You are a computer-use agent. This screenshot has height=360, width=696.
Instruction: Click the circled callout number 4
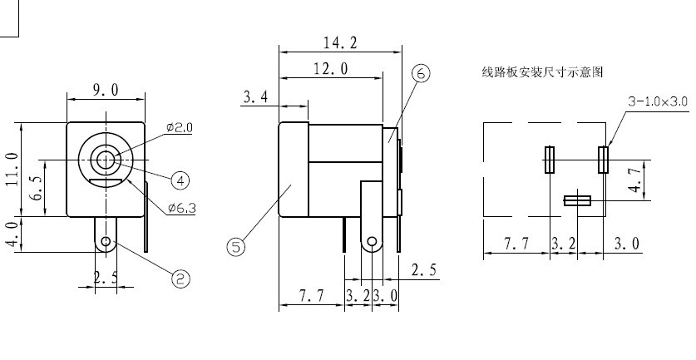pyautogui.click(x=180, y=180)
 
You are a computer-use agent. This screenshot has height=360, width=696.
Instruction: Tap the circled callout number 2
pyautogui.click(x=180, y=279)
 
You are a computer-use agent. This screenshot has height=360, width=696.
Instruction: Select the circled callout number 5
pyautogui.click(x=235, y=246)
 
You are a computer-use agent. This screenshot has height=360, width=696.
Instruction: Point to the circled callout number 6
pyautogui.click(x=421, y=73)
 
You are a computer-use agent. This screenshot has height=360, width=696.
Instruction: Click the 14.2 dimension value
pyautogui.click(x=340, y=42)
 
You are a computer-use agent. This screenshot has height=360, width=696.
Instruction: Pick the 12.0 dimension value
pyautogui.click(x=331, y=69)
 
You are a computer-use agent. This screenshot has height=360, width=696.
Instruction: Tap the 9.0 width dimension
pyautogui.click(x=106, y=90)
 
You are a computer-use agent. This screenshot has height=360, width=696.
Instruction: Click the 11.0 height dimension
pyautogui.click(x=12, y=169)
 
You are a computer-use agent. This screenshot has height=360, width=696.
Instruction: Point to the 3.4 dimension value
pyautogui.click(x=255, y=96)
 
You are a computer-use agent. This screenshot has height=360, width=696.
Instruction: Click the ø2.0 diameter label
pyautogui.click(x=180, y=128)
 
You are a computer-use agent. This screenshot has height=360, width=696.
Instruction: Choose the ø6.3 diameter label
pyautogui.click(x=181, y=208)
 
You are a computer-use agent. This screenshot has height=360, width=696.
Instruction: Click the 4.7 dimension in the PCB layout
pyautogui.click(x=635, y=180)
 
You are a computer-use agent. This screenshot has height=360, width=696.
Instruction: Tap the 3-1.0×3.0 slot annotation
pyautogui.click(x=658, y=101)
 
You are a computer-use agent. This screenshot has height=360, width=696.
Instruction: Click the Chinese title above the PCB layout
pyautogui.click(x=542, y=72)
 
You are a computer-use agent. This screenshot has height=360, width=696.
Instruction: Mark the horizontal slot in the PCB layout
pyautogui.click(x=577, y=200)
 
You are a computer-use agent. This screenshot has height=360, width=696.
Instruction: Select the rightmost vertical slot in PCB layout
pyautogui.click(x=603, y=160)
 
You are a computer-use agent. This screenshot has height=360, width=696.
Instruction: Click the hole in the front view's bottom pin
pyautogui.click(x=106, y=241)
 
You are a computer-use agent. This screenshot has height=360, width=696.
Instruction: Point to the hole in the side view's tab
pyautogui.click(x=372, y=241)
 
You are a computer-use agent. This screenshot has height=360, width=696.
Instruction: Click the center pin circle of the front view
pyautogui.click(x=106, y=160)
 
